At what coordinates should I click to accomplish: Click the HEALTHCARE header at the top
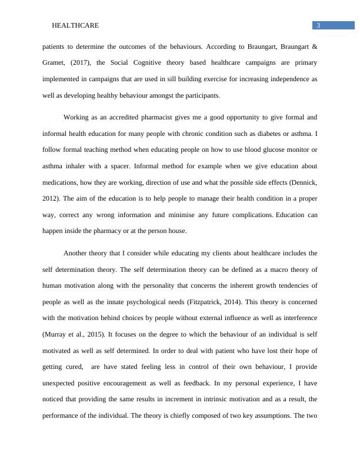point(75,25)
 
